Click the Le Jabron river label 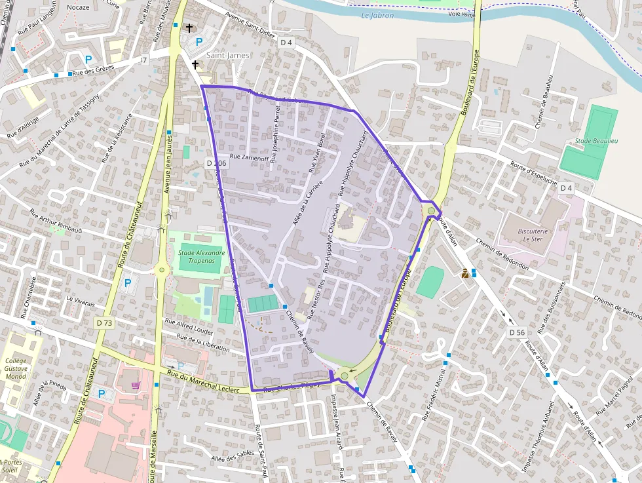click(x=377, y=15)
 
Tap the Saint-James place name click(x=228, y=56)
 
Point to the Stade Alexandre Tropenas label click(x=202, y=256)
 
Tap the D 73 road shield click(x=104, y=322)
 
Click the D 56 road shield click(x=517, y=333)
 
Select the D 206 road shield click(x=216, y=163)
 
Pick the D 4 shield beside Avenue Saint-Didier click(x=285, y=42)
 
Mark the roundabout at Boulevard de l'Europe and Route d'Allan click(x=430, y=210)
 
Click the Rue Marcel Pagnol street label click(x=616, y=396)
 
